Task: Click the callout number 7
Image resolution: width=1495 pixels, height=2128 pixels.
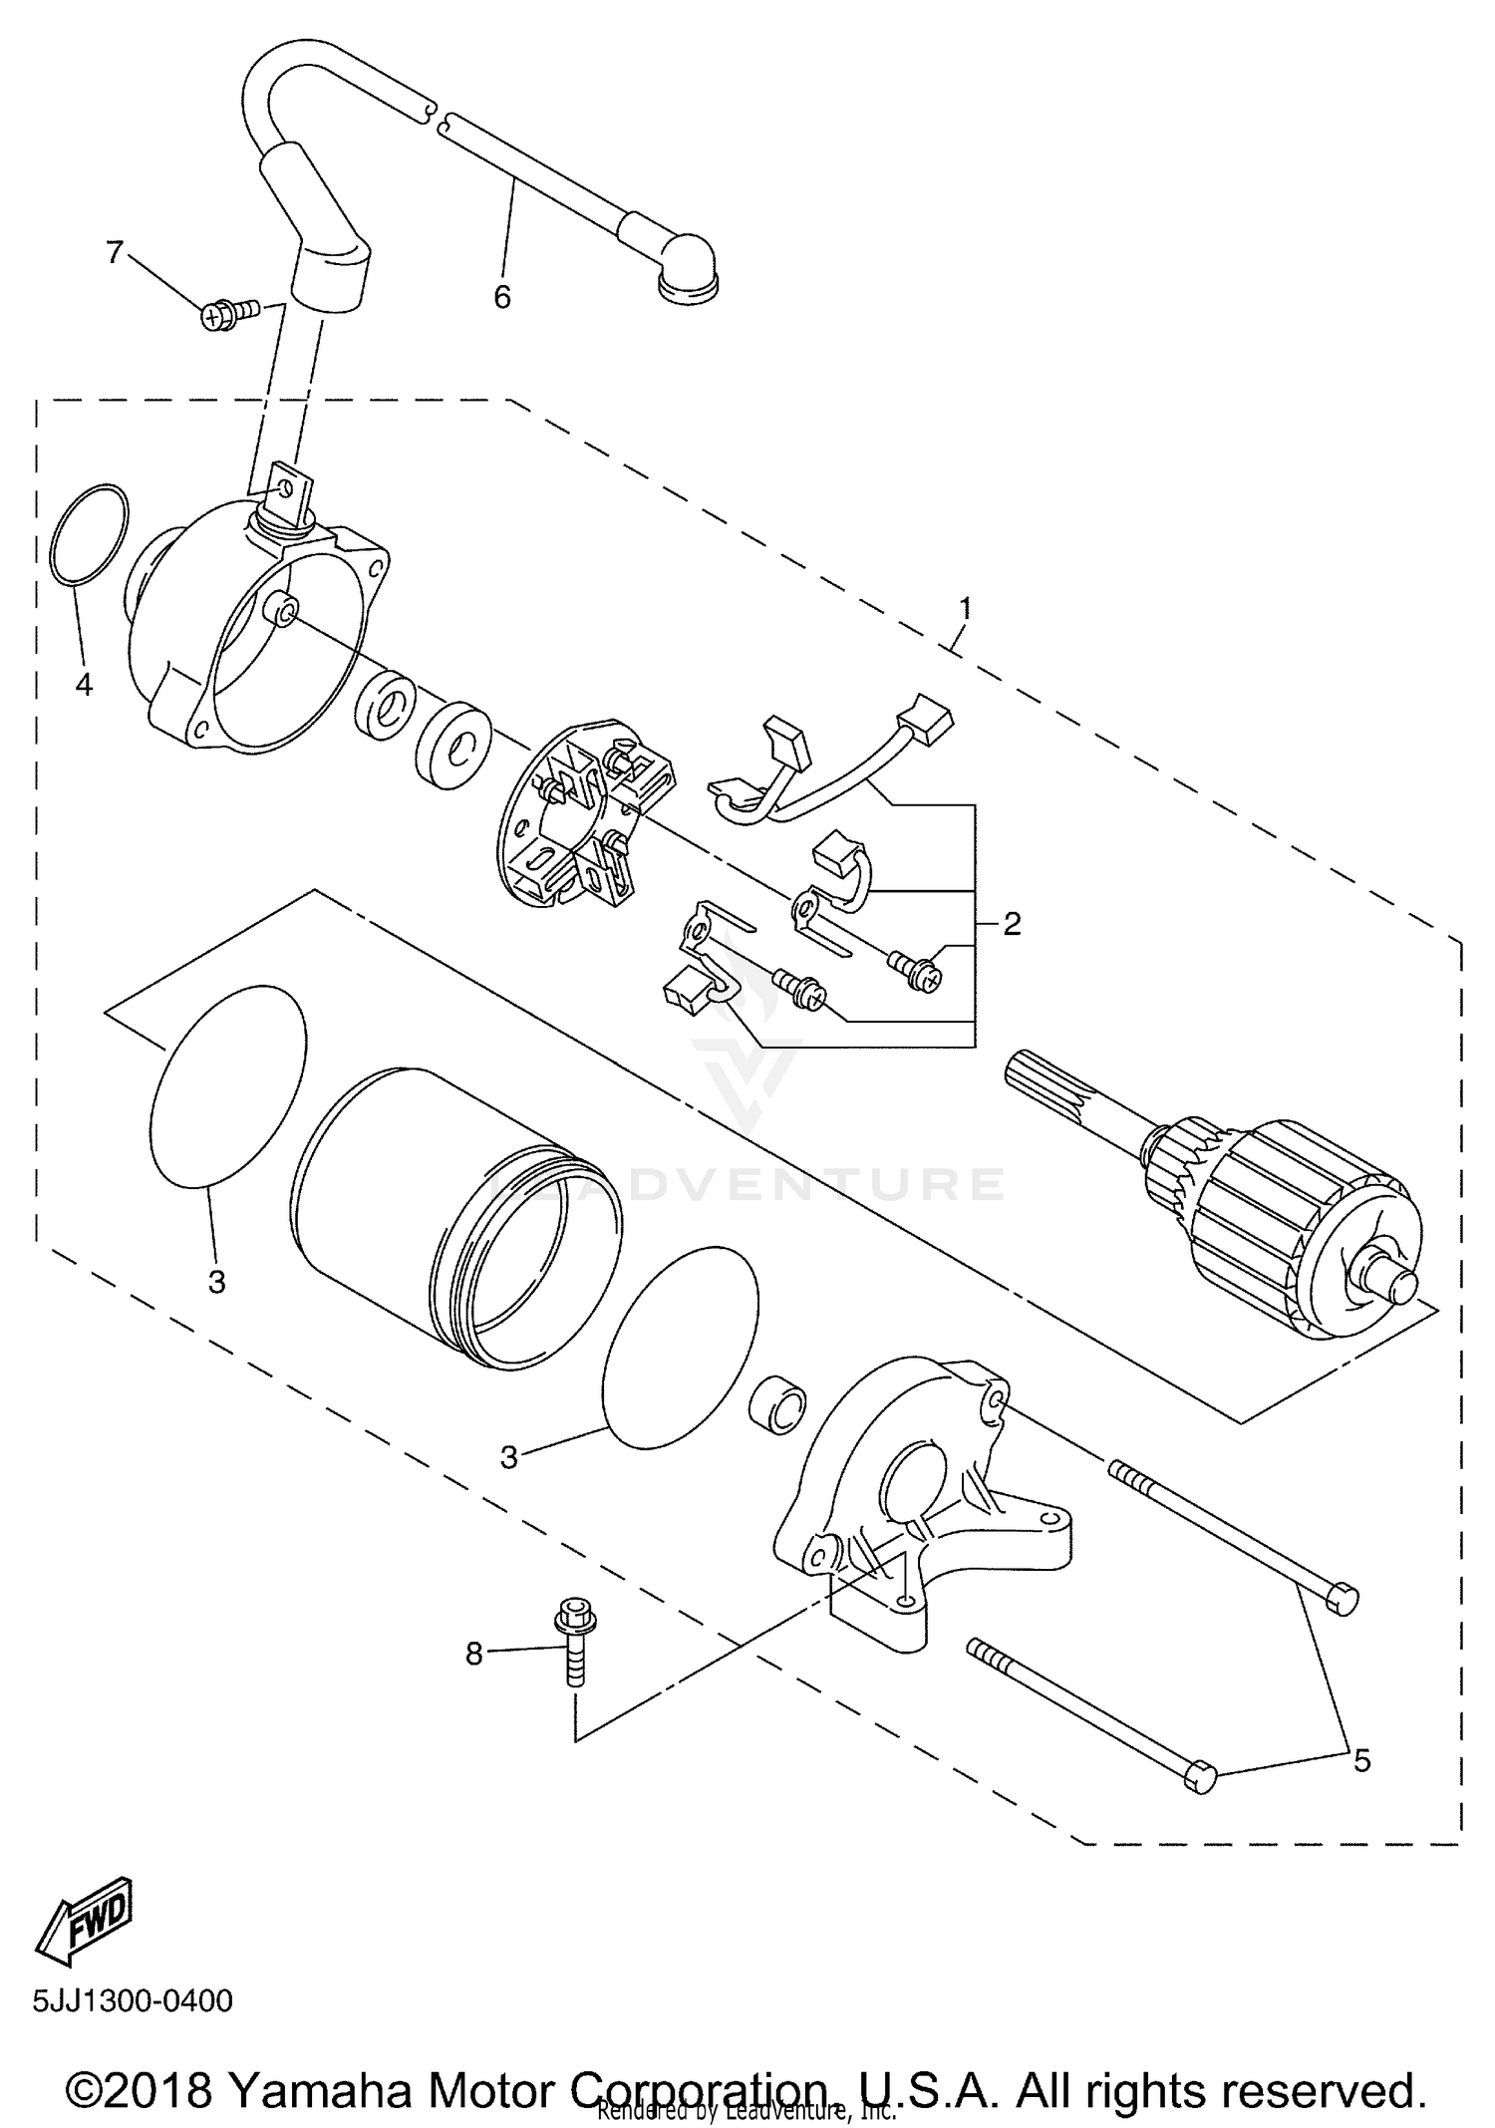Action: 115,253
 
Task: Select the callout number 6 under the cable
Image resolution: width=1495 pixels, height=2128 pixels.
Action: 502,296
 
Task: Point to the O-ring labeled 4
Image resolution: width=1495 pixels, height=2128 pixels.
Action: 89,534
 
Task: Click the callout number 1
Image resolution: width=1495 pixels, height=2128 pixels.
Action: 964,607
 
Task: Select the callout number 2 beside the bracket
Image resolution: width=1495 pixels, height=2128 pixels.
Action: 1012,924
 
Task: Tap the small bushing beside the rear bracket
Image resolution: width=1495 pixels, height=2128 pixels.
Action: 777,1406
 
